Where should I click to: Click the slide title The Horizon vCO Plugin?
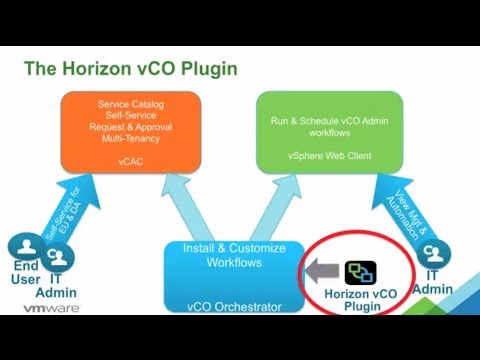pyautogui.click(x=130, y=69)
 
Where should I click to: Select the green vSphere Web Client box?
pyautogui.click(x=329, y=131)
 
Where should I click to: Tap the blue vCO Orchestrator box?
pyautogui.click(x=233, y=276)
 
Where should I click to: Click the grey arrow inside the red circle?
pyautogui.click(x=322, y=271)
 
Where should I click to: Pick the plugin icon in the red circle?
pyautogui.click(x=360, y=272)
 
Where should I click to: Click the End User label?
pyautogui.click(x=25, y=272)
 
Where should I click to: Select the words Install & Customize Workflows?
pyautogui.click(x=233, y=255)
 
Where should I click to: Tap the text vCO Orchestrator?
pyautogui.click(x=233, y=307)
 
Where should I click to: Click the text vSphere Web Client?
pyautogui.click(x=329, y=155)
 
